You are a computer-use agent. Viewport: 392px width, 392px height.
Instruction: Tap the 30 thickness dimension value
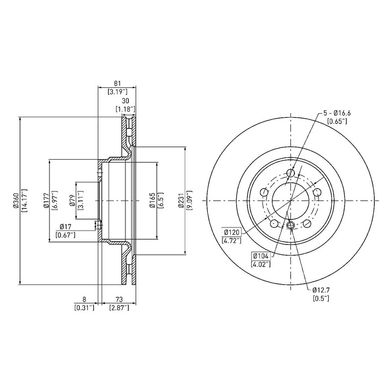tap(125, 101)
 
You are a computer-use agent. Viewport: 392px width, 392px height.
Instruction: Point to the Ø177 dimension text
tap(46, 200)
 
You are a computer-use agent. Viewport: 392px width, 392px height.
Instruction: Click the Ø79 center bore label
tap(72, 200)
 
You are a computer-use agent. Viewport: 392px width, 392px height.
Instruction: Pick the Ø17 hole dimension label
tap(66, 227)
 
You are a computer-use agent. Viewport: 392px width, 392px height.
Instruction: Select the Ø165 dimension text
tap(153, 200)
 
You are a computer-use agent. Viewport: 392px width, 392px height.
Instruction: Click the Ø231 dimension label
tap(181, 200)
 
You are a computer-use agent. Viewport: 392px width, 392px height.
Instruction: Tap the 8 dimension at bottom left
tap(84, 299)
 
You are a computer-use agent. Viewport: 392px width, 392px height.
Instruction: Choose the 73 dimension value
tap(119, 299)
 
